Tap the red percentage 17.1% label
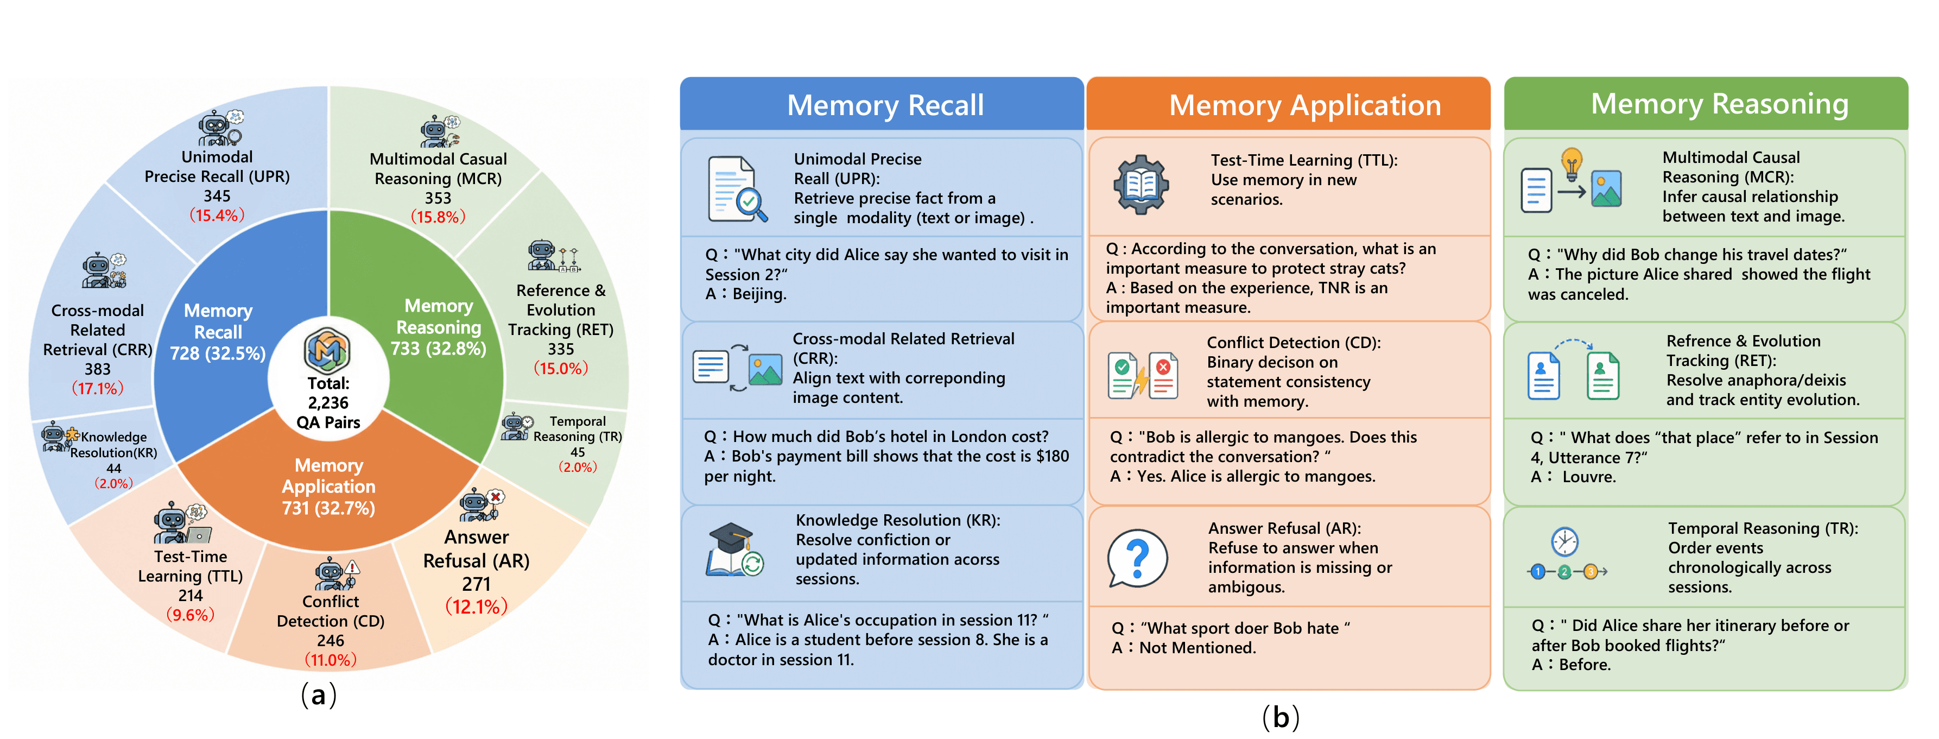point(98,388)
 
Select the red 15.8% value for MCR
point(438,217)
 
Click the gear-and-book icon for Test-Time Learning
point(1141,185)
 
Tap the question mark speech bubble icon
point(1137,558)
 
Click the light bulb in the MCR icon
point(1572,164)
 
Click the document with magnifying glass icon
point(737,189)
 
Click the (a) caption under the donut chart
point(319,694)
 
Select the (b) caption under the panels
point(1281,717)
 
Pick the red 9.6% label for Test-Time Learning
point(191,615)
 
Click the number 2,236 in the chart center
point(328,402)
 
